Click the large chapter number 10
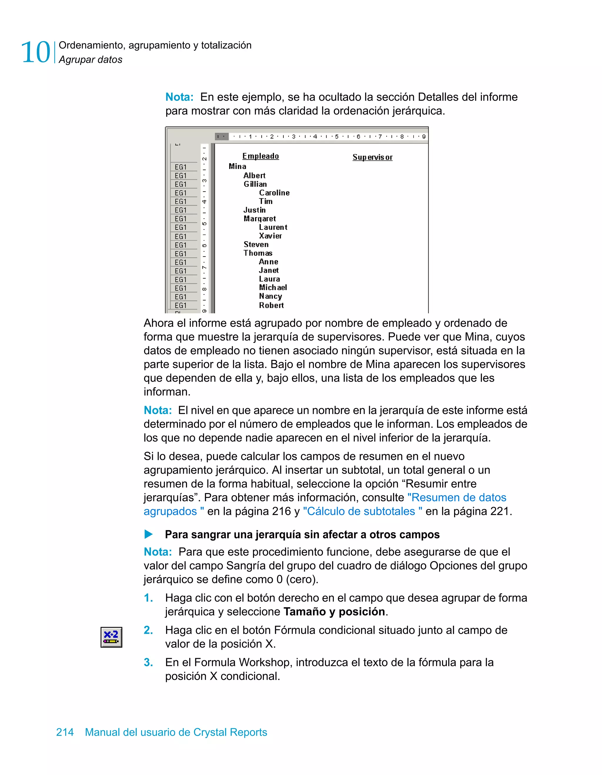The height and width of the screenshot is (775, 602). tap(36, 52)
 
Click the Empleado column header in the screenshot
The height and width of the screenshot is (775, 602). tap(261, 156)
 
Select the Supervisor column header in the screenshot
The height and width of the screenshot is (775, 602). tap(372, 157)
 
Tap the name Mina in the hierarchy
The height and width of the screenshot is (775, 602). tap(237, 167)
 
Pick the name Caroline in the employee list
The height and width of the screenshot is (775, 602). tap(274, 193)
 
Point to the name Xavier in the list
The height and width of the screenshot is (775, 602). tap(270, 236)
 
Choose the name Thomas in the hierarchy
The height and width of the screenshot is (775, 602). tap(258, 253)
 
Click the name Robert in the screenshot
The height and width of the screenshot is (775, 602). tap(271, 305)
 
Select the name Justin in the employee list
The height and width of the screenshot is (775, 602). tap(254, 210)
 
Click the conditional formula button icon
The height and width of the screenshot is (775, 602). tap(111, 637)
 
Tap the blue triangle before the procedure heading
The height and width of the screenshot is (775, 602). tap(148, 534)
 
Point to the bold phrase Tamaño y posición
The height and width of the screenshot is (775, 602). tap(334, 611)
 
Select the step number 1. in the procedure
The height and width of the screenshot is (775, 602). tap(148, 598)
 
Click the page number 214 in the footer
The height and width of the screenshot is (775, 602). tap(65, 732)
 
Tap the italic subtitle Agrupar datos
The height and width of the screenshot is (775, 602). tap(91, 60)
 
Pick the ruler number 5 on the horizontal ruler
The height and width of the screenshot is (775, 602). tap(337, 137)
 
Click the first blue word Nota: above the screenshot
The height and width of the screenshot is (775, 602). tap(179, 97)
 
